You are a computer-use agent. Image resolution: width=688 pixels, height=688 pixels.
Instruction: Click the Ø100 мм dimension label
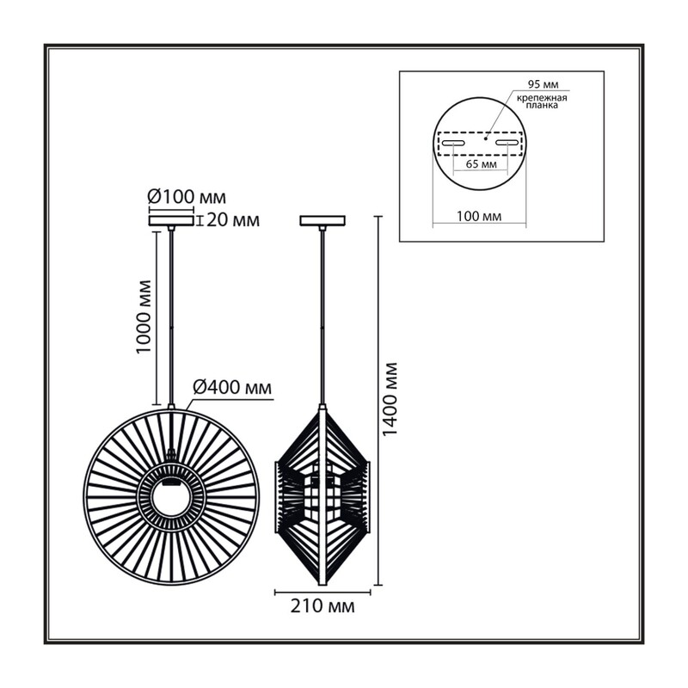(x=187, y=198)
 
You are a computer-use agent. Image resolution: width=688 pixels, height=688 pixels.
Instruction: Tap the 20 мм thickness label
(x=233, y=220)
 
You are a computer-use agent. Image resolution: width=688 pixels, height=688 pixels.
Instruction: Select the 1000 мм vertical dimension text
(x=144, y=316)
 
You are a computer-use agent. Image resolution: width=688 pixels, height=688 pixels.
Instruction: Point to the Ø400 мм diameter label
(x=232, y=388)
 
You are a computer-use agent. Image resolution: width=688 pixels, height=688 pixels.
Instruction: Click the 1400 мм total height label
(x=390, y=399)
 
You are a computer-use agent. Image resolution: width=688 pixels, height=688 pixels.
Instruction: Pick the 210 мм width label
(x=322, y=606)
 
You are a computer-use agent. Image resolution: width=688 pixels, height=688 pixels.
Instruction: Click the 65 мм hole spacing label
(x=482, y=164)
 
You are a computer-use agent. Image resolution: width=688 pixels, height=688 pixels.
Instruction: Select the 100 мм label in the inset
(x=479, y=217)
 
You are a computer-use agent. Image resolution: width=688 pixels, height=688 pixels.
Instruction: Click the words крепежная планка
(x=542, y=101)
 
